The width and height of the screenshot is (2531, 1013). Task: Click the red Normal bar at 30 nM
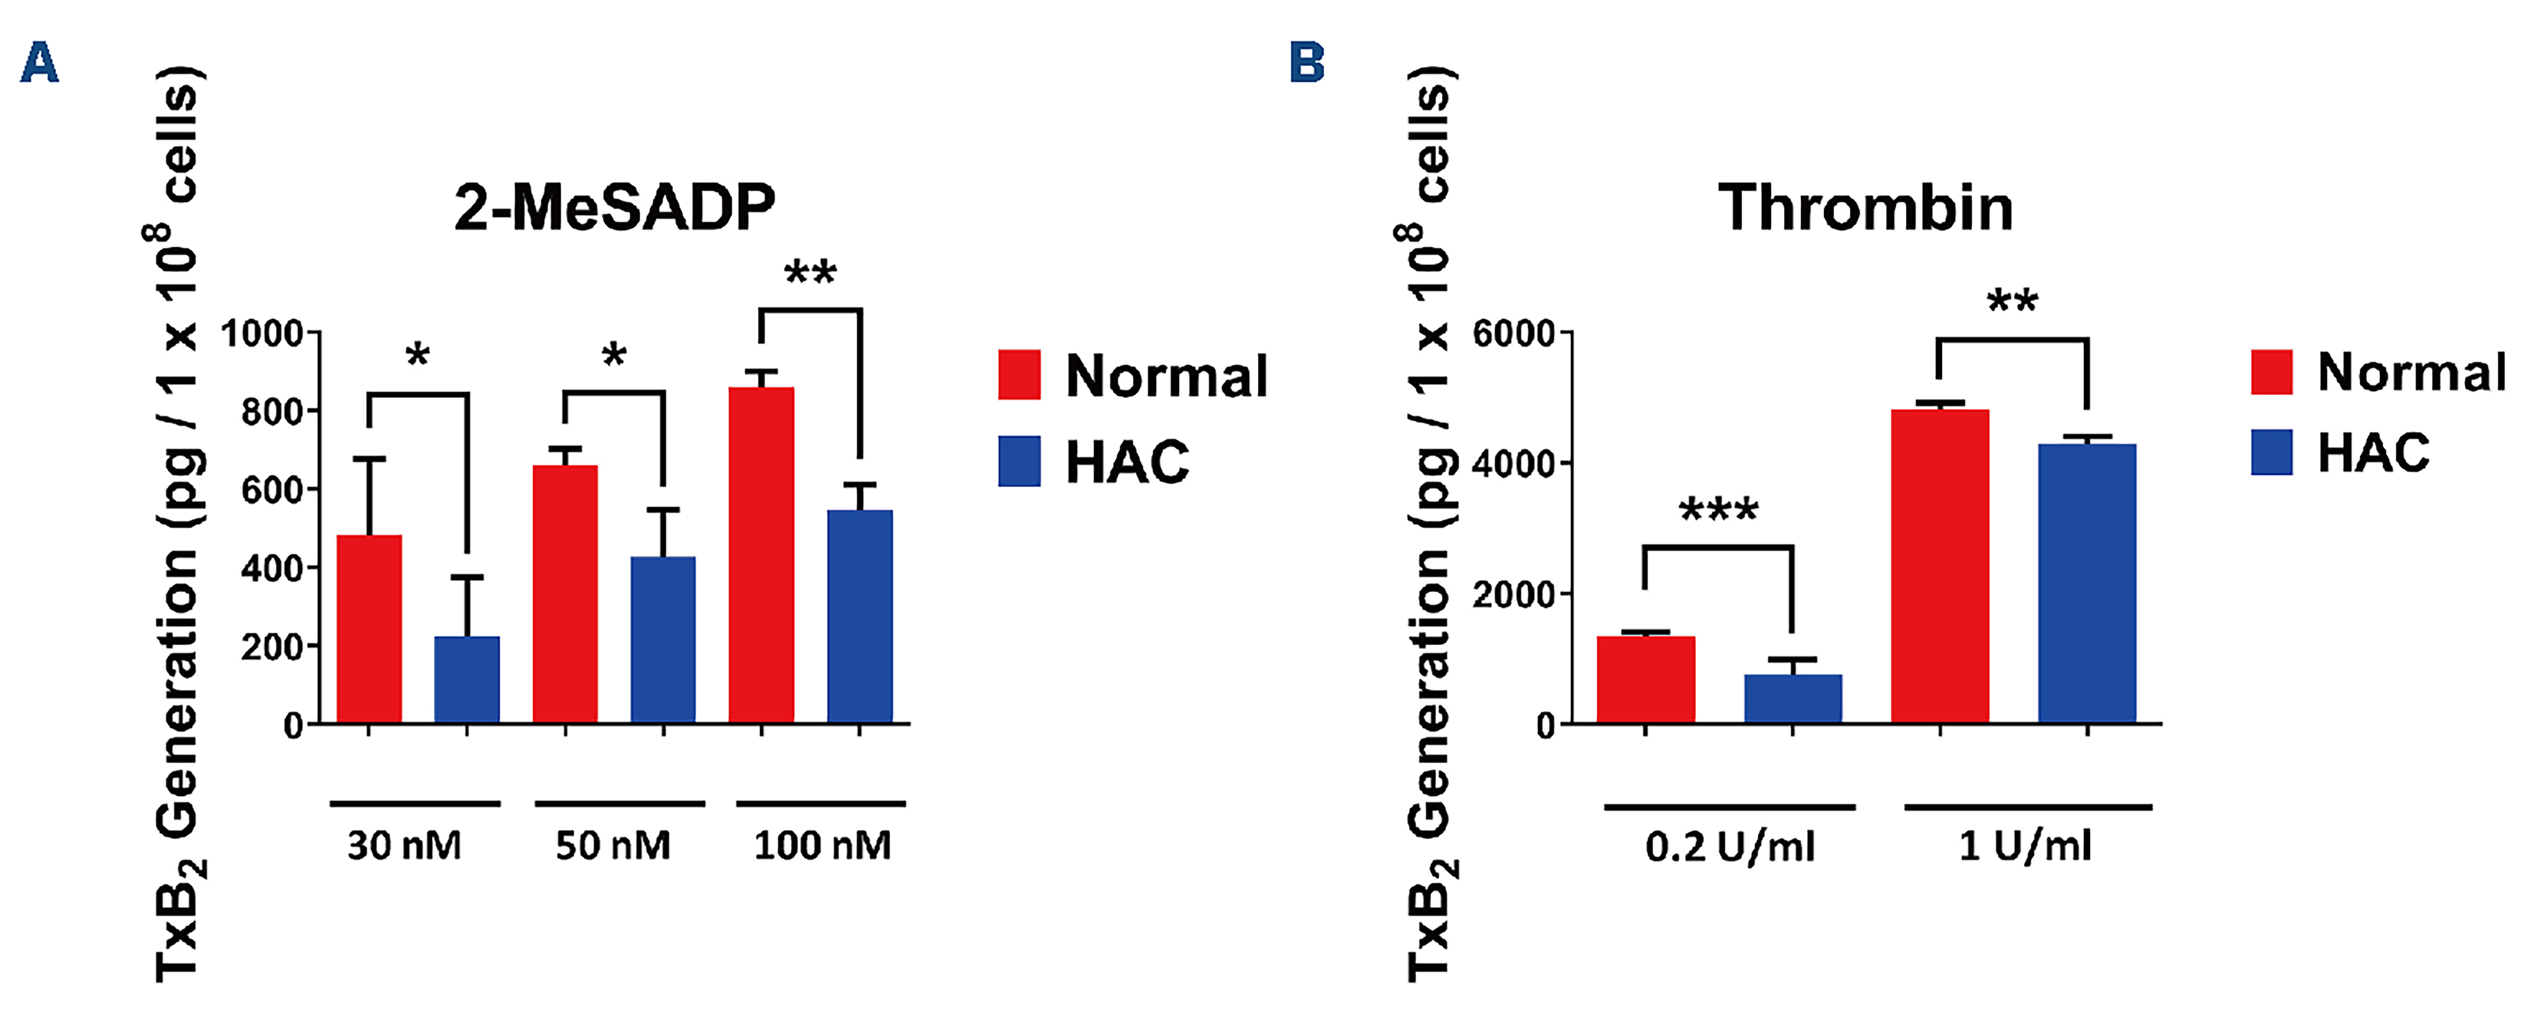pos(369,629)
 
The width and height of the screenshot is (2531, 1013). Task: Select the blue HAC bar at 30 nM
pos(467,680)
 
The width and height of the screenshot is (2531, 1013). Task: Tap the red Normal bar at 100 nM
pos(762,555)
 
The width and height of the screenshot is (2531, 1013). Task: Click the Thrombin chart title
pos(1865,208)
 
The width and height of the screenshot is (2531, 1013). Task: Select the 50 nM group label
pos(613,845)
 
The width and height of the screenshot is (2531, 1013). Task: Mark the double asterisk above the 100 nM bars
pos(810,272)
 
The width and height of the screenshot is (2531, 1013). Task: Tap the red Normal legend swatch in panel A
pos(1019,374)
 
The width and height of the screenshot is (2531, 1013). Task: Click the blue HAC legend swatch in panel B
pos(2272,452)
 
